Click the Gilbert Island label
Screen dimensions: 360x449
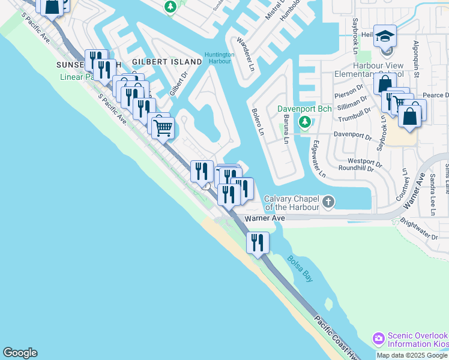click(x=167, y=62)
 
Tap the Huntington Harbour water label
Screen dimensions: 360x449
click(x=219, y=58)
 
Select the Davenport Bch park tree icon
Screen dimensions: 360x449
click(x=305, y=122)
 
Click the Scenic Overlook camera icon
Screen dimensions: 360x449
click(x=379, y=339)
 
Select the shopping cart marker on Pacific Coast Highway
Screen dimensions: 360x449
click(x=162, y=127)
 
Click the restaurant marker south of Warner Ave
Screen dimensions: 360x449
click(x=258, y=242)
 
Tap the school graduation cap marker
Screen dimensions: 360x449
click(x=384, y=37)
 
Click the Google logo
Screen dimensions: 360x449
click(x=20, y=353)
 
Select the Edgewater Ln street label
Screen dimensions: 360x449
click(x=318, y=159)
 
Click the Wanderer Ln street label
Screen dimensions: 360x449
click(x=247, y=52)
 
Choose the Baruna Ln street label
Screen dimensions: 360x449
click(x=285, y=130)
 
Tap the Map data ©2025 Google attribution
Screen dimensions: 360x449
click(x=412, y=355)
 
